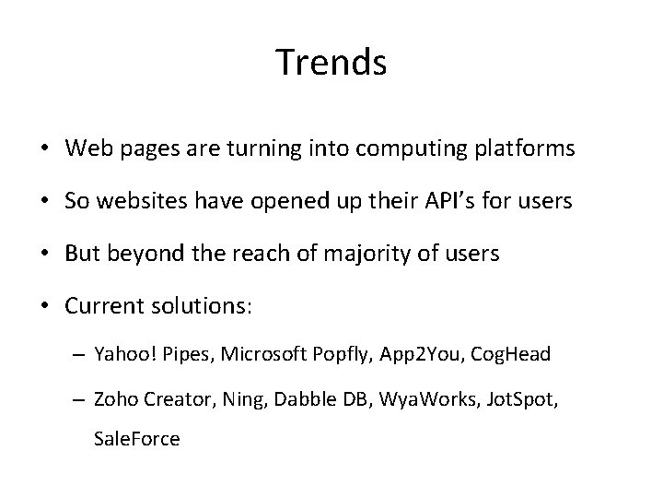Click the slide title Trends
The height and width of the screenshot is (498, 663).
point(331,63)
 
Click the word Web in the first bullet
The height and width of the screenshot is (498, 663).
point(87,149)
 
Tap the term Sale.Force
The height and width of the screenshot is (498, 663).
point(137,439)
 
